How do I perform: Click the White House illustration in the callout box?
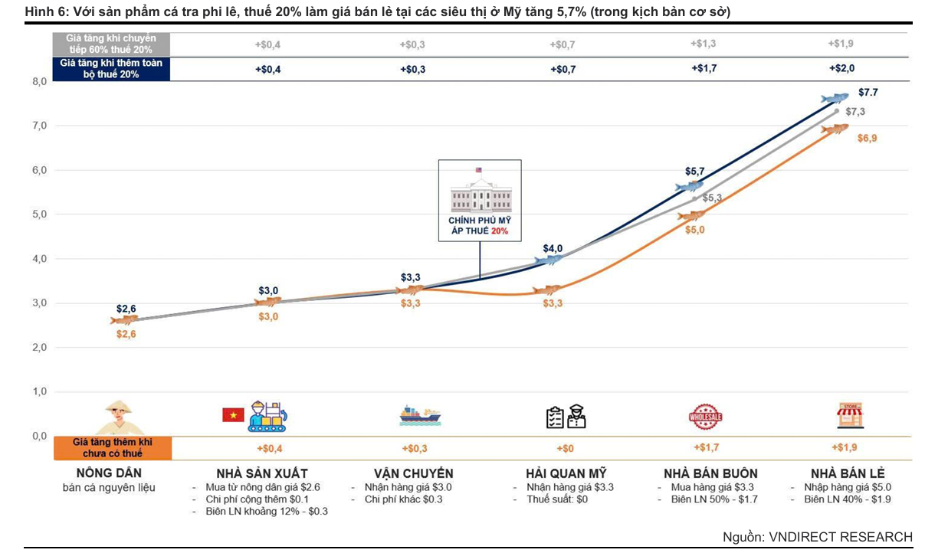[x=481, y=196]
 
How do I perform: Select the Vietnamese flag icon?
[x=232, y=414]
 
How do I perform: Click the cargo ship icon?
[x=420, y=416]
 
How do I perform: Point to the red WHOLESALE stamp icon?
[x=705, y=417]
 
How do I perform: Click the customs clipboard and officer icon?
[x=566, y=417]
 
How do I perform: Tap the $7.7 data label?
[x=868, y=93]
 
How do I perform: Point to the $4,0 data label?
[x=553, y=248]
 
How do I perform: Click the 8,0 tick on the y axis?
[x=38, y=81]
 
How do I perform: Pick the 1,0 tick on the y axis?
[x=38, y=391]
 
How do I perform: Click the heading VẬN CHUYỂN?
[x=413, y=473]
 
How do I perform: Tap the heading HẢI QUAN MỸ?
[x=566, y=473]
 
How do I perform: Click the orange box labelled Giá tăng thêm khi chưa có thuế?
[x=112, y=448]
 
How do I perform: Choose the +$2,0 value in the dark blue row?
[x=841, y=68]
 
